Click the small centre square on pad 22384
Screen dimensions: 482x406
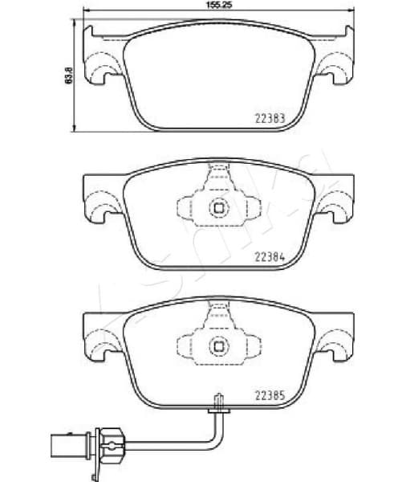(218, 207)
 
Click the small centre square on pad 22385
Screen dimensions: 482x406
(218, 346)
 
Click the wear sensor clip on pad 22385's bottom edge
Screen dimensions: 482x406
(217, 403)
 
